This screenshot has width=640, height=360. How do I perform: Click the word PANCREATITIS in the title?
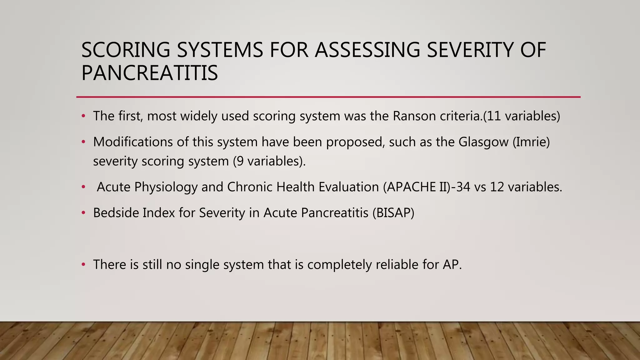tap(149, 73)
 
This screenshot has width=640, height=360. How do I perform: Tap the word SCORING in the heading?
tap(126, 50)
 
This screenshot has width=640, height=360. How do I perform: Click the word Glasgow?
tap(483, 142)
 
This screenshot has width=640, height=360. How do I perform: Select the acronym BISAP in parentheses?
tap(393, 213)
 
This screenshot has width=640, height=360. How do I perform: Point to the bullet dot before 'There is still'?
tap(83, 265)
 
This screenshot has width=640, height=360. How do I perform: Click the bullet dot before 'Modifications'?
tap(83, 142)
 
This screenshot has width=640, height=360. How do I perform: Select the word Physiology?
tap(166, 187)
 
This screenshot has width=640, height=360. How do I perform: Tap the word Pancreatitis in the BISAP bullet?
tap(334, 213)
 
